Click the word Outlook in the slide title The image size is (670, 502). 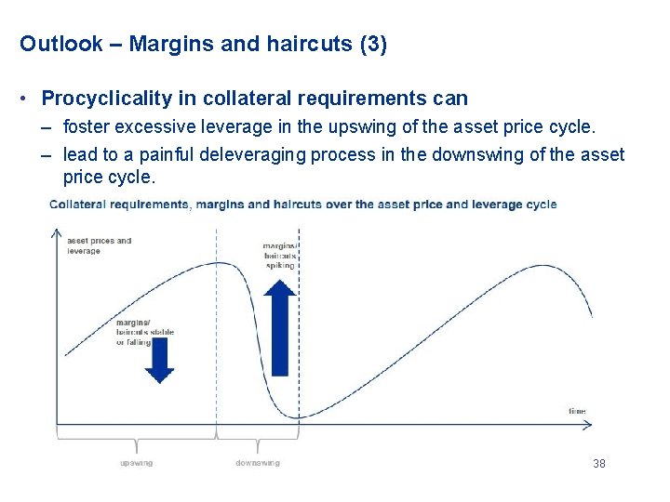click(61, 44)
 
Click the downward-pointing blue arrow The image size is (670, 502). click(159, 361)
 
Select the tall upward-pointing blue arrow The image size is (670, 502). click(279, 327)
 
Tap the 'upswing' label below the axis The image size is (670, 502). click(137, 462)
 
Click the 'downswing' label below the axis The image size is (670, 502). click(257, 462)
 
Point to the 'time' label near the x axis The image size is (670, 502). click(577, 411)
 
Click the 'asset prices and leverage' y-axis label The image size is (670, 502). click(99, 245)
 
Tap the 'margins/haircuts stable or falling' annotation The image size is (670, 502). click(144, 332)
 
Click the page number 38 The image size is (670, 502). click(598, 463)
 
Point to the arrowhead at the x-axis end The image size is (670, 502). click(586, 426)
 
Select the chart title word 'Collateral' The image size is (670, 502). click(77, 205)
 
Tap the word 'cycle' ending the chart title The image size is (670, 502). click(543, 205)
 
